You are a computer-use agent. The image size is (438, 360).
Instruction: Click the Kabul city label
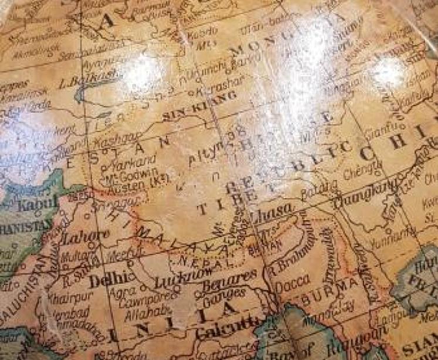coord(39,205)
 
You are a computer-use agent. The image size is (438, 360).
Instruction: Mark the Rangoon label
coord(362,340)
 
